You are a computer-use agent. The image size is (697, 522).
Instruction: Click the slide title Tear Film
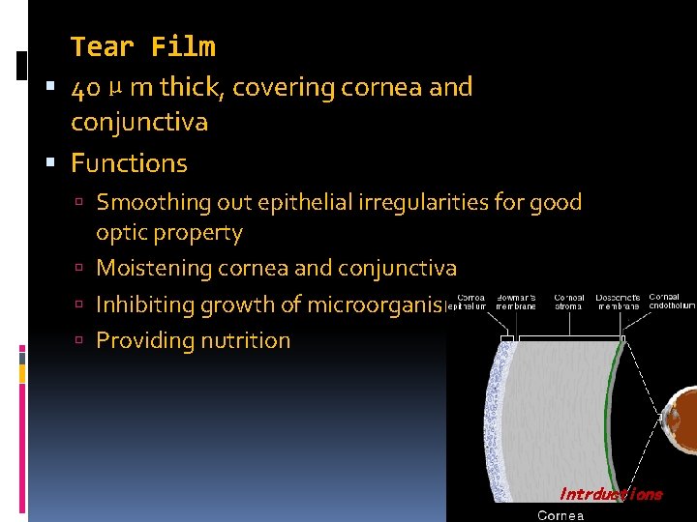(x=143, y=46)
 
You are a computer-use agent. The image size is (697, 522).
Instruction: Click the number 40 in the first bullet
(x=84, y=88)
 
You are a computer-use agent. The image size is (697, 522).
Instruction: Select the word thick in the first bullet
(x=190, y=87)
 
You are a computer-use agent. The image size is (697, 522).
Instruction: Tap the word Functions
(x=129, y=163)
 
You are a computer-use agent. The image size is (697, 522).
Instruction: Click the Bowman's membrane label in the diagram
(x=516, y=302)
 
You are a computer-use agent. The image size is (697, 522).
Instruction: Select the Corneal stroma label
(x=568, y=302)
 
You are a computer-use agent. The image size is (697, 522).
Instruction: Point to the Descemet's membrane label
(x=619, y=302)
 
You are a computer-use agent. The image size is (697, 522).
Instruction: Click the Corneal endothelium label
(x=672, y=302)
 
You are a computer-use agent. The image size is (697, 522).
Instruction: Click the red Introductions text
(x=611, y=494)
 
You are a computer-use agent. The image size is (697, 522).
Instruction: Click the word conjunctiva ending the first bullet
(x=139, y=123)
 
